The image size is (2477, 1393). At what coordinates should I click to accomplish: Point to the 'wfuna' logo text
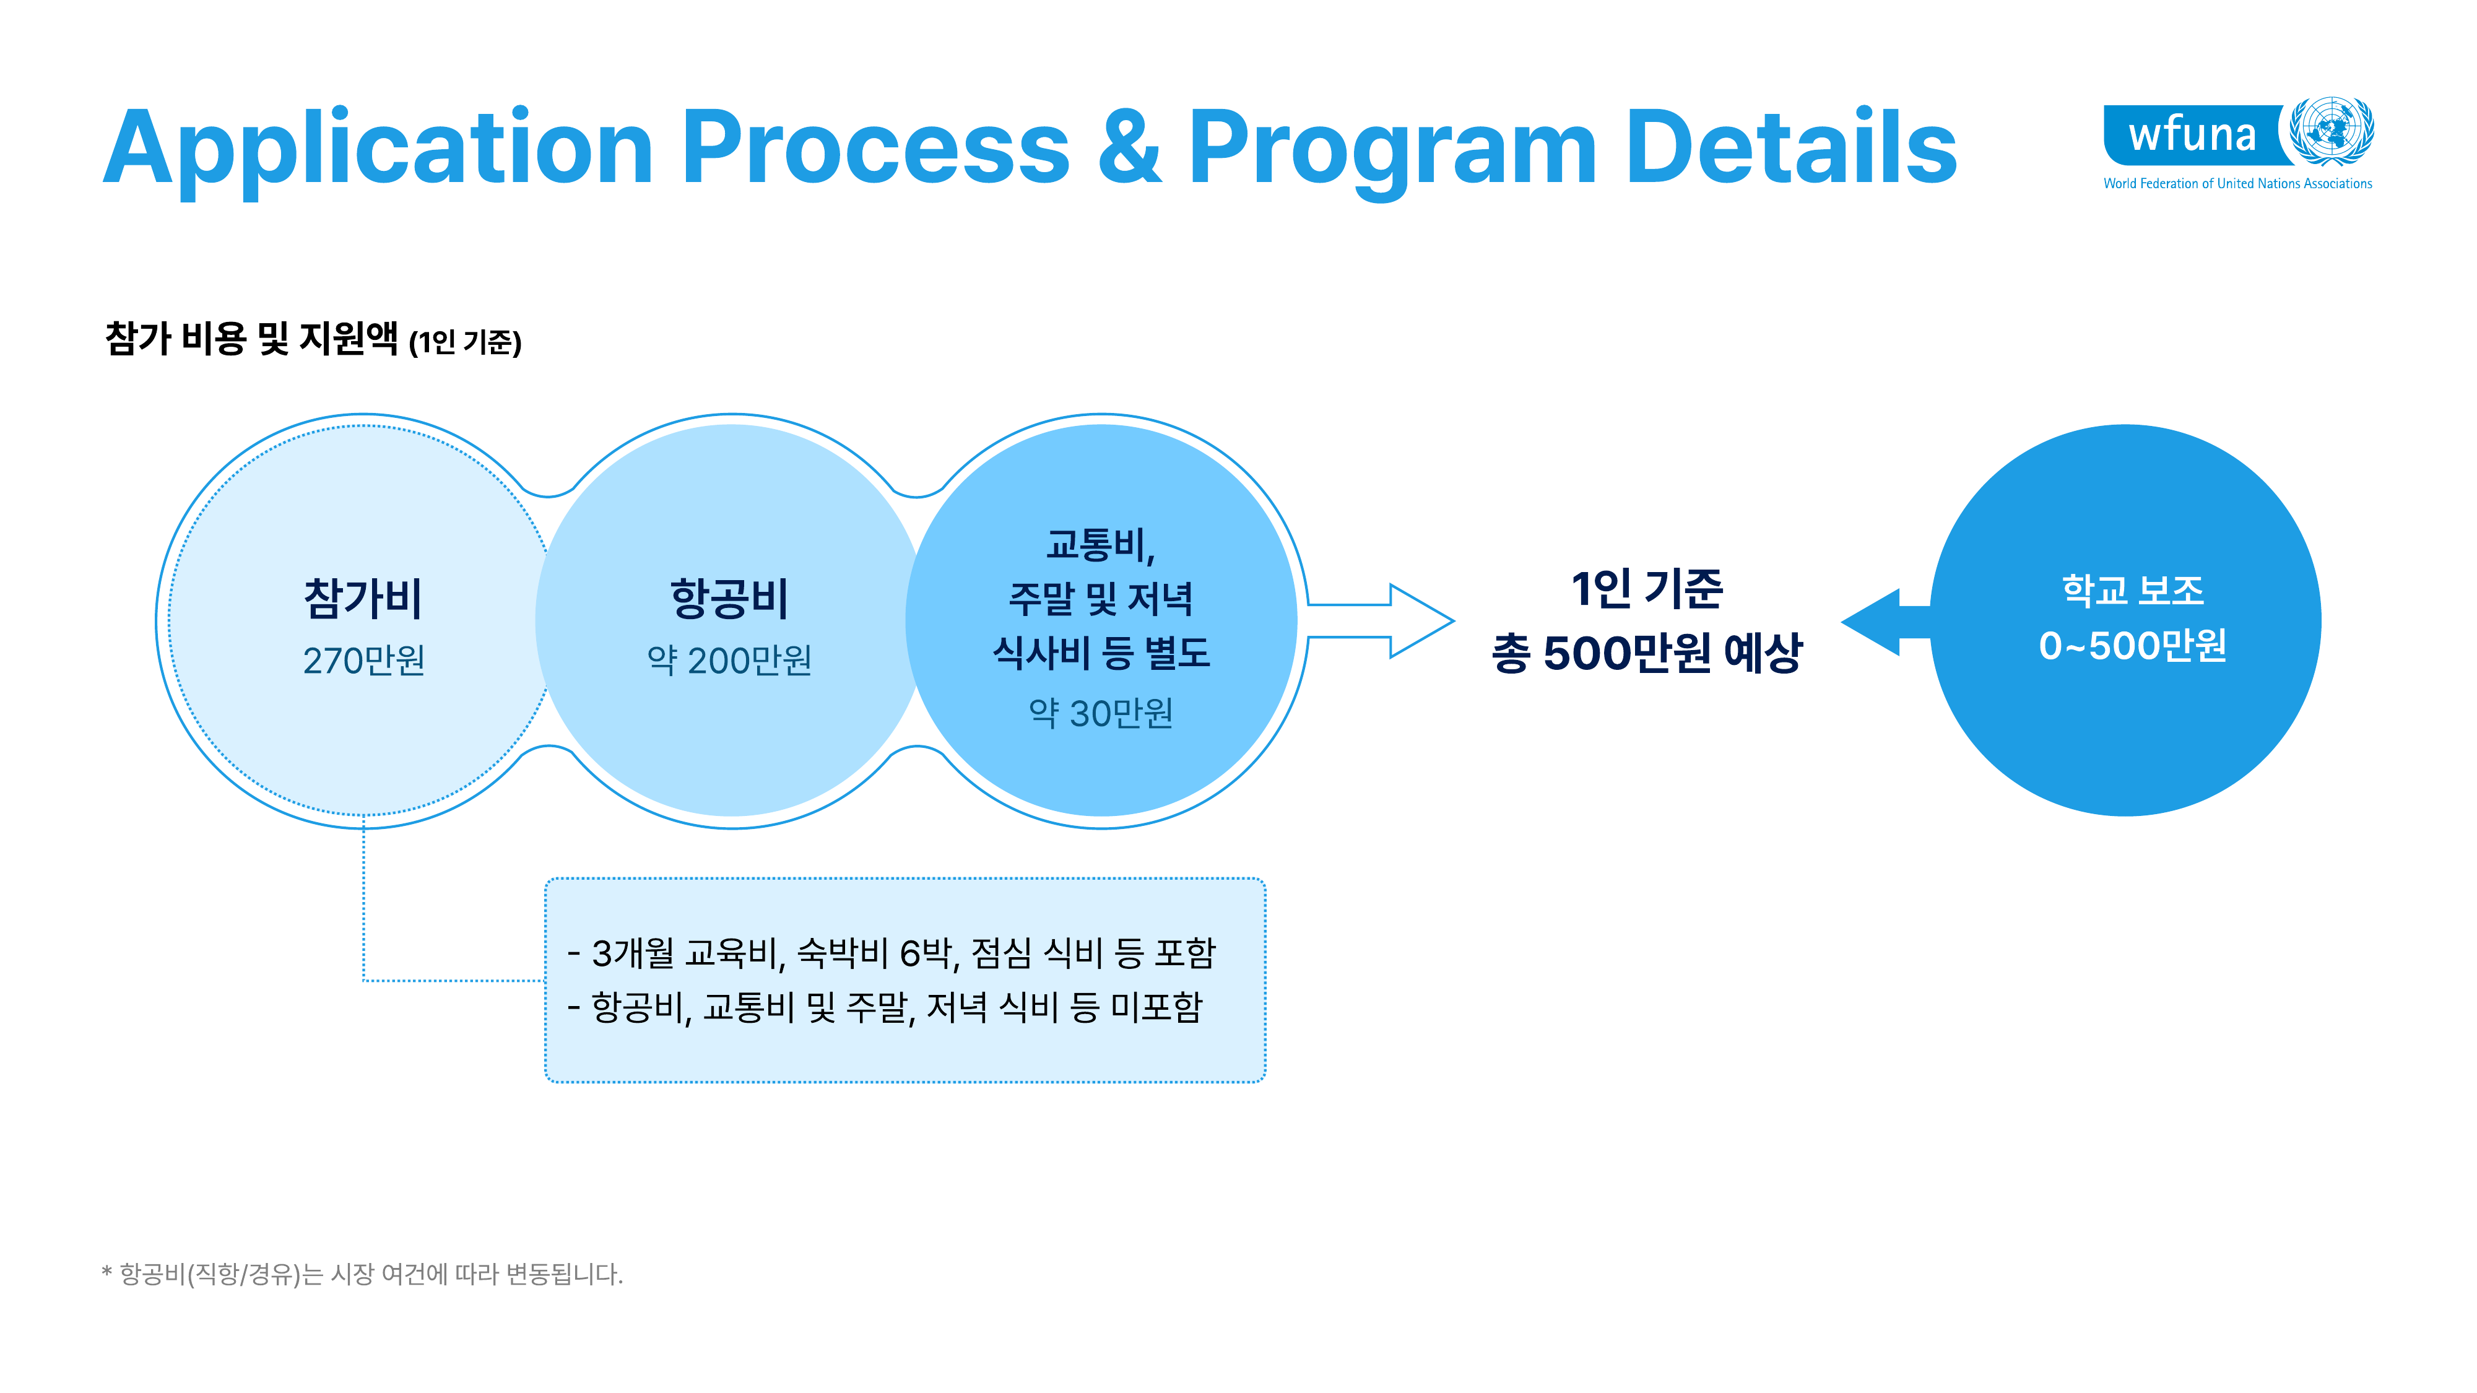(x=2192, y=134)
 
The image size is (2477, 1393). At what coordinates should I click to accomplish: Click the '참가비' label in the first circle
(x=363, y=598)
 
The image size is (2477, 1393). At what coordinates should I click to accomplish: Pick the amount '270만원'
(x=363, y=661)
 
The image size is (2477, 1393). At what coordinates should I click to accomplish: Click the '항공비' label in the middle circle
(x=730, y=598)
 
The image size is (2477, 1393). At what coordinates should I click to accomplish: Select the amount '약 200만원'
(x=730, y=661)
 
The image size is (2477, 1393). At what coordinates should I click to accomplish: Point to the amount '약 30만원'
(x=1101, y=713)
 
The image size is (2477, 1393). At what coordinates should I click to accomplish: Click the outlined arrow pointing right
(x=1380, y=621)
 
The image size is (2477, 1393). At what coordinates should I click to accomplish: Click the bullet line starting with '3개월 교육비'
(x=891, y=953)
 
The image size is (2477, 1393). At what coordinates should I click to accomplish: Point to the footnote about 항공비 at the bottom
(x=363, y=1274)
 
